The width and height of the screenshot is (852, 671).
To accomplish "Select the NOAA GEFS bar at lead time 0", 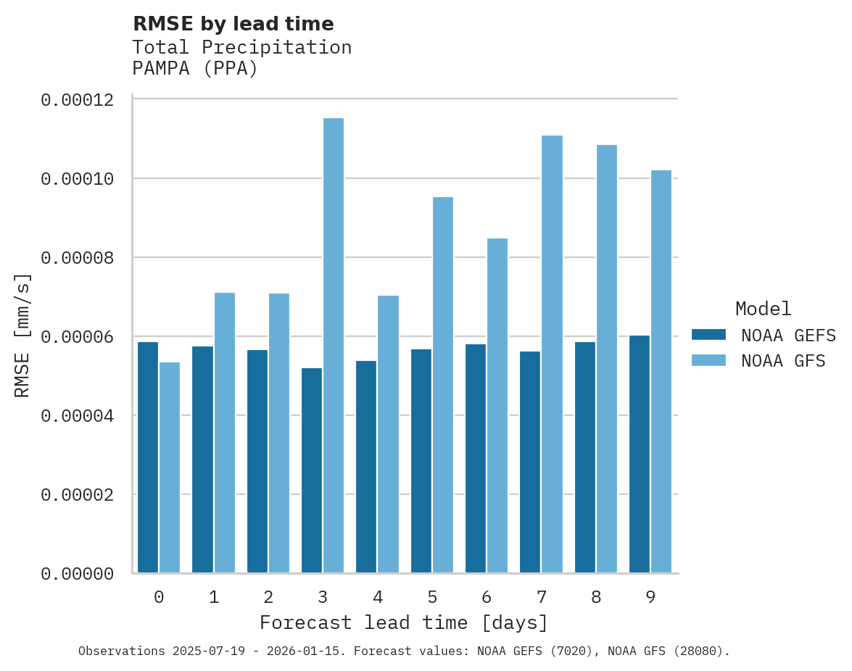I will pos(148,457).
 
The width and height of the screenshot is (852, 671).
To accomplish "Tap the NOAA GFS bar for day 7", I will pos(552,354).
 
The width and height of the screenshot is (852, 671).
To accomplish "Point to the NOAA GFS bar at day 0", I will pos(170,467).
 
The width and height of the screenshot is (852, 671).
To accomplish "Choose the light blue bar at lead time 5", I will pos(442,385).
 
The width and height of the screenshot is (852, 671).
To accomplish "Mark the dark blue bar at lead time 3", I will pos(312,470).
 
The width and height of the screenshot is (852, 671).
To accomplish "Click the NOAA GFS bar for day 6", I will pos(497,406).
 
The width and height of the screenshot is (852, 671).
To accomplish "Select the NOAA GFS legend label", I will pos(783,361).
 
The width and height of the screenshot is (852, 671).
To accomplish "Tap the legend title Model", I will pos(763,309).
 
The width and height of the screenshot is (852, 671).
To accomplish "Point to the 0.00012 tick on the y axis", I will pos(78,99).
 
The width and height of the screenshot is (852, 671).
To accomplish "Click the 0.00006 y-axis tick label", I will pos(78,337).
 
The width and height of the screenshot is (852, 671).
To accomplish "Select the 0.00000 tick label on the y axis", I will pos(78,574).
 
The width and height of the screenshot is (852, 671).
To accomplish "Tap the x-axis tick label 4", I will pos(378,597).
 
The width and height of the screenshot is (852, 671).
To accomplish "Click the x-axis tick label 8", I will pos(596,597).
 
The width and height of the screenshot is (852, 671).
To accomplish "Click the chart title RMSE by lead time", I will pos(233,24).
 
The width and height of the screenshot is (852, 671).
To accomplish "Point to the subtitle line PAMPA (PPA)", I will pos(195,70).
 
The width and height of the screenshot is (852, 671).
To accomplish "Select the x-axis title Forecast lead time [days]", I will pos(404,622).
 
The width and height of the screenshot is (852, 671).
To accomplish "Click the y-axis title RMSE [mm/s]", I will pos(22,336).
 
